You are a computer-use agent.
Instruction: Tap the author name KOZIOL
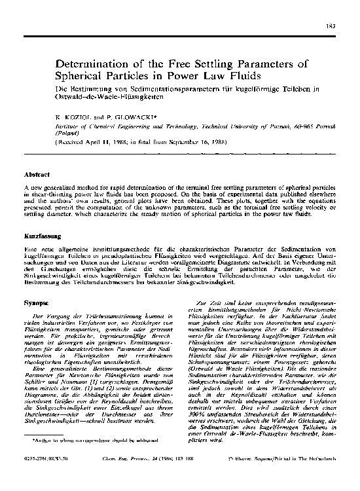[x=77, y=117]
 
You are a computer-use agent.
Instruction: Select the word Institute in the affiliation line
[x=69, y=124]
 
